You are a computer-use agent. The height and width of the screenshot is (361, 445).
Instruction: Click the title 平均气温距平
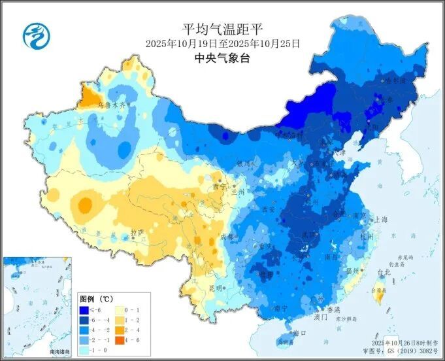coord(222,29)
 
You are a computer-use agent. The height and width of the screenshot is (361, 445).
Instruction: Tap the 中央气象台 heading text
coord(222,58)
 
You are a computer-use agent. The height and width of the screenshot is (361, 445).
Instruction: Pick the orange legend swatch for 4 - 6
coord(121,341)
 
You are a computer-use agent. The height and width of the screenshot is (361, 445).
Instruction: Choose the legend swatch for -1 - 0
coord(84,351)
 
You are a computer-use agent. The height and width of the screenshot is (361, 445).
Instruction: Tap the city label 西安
coord(267,209)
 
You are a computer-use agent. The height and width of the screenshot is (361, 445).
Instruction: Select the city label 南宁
coord(281,307)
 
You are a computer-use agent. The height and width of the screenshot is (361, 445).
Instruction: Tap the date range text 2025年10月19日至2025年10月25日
coord(222,43)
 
